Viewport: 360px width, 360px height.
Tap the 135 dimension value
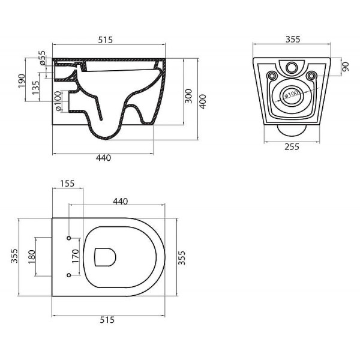coord(37,87)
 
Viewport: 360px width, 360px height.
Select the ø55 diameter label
coord(42,58)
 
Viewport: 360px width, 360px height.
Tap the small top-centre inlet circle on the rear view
coord(292,67)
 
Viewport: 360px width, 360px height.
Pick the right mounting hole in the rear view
coord(311,76)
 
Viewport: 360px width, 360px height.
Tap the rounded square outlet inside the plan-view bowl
coord(106,257)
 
